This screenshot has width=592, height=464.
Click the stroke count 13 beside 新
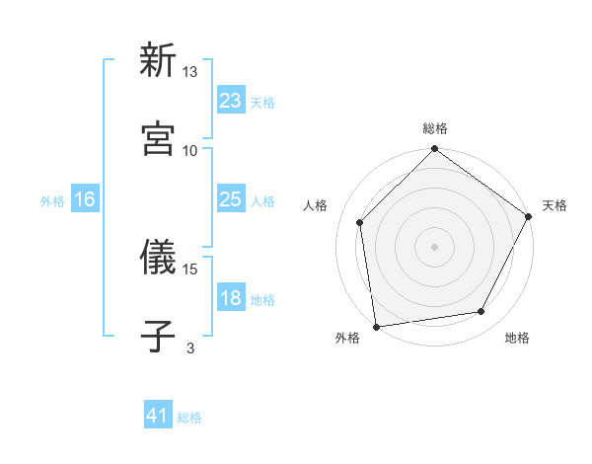point(190,72)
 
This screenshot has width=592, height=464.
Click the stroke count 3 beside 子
point(190,348)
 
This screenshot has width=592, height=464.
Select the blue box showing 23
point(230,100)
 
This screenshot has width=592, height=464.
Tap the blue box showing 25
point(230,199)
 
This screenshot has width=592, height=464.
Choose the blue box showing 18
point(230,298)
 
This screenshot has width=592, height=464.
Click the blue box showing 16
point(85,199)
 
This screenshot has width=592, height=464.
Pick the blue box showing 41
point(158,416)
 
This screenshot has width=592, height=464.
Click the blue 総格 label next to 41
point(189,418)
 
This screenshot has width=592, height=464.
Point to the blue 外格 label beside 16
point(52,201)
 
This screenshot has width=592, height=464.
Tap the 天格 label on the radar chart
point(555,205)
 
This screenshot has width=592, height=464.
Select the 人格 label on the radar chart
point(315,205)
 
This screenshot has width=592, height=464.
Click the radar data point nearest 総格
point(434,150)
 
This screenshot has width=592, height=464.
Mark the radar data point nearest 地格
point(481,311)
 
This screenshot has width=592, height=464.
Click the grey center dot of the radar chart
point(434,246)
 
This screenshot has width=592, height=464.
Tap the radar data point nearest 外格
point(376,326)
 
